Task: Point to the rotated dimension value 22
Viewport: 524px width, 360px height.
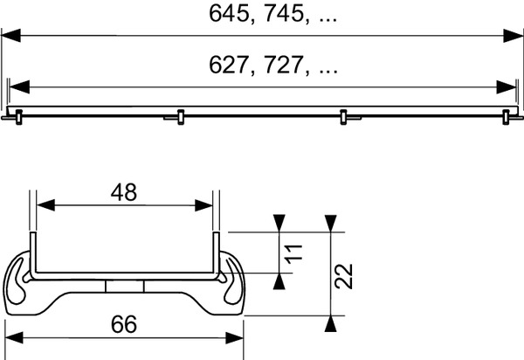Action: pyautogui.click(x=345, y=277)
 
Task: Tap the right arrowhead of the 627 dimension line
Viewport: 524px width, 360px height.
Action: pyautogui.click(x=507, y=87)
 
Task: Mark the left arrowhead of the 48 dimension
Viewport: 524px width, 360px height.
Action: pyautogui.click(x=44, y=206)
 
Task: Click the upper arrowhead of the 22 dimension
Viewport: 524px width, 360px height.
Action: pyautogui.click(x=330, y=223)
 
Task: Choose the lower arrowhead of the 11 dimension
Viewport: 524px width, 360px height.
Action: pyautogui.click(x=278, y=280)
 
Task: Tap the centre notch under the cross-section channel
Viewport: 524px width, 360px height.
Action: pyautogui.click(x=123, y=286)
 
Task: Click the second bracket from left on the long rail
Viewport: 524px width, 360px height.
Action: pyautogui.click(x=180, y=115)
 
